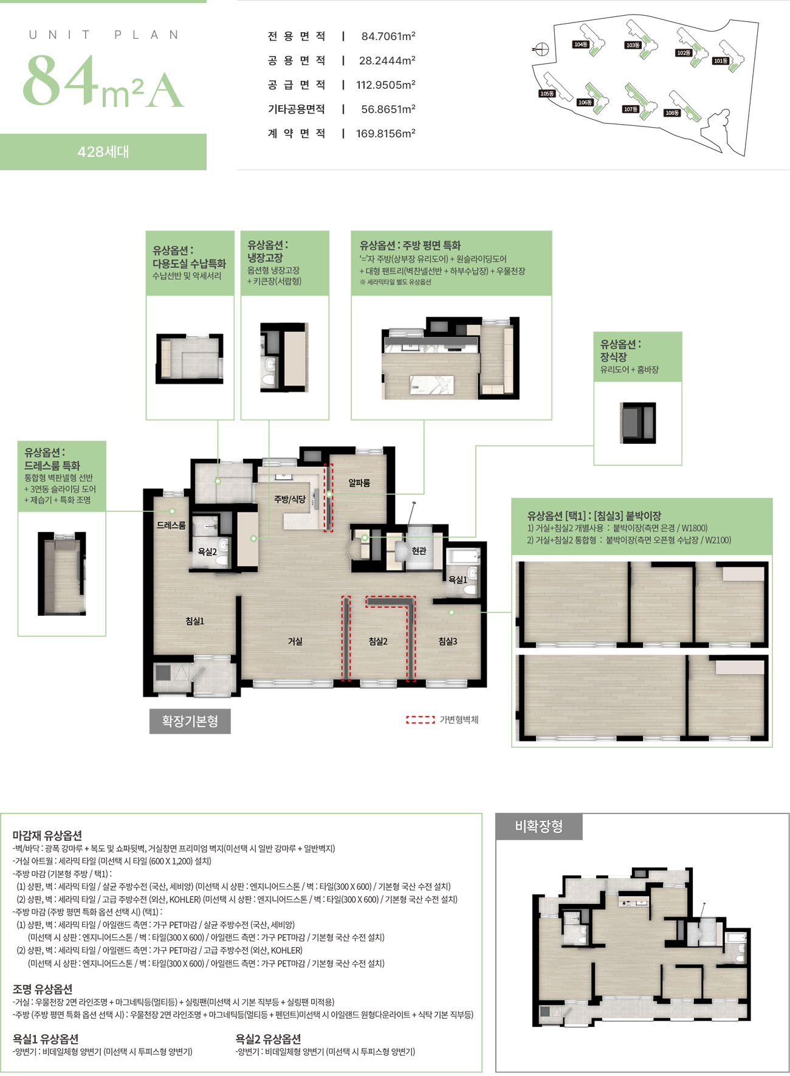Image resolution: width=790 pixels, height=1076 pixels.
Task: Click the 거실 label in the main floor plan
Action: click(295, 641)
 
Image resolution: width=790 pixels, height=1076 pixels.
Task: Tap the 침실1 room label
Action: click(195, 621)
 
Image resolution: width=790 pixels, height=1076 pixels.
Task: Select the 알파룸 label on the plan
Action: click(359, 483)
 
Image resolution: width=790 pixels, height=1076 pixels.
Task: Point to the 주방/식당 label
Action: click(289, 499)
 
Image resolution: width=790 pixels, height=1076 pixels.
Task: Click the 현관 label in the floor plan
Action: click(419, 551)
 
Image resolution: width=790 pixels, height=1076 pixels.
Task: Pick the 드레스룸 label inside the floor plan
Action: click(171, 525)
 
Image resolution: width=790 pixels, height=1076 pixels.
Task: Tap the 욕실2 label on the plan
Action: click(207, 551)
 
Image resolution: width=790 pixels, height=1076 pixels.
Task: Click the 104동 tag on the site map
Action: click(581, 44)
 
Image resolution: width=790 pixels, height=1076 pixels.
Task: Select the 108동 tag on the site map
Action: click(672, 112)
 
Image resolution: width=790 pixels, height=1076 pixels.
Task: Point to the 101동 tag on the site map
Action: click(721, 61)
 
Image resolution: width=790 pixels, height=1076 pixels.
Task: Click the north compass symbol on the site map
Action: click(542, 49)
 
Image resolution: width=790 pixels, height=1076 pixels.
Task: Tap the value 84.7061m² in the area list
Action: click(388, 36)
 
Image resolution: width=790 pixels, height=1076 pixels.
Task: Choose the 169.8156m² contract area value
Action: click(385, 134)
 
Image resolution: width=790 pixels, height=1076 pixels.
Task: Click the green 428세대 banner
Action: click(103, 152)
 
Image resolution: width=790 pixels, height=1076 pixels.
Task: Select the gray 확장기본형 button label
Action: click(190, 722)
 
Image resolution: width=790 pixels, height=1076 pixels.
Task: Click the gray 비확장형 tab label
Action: click(538, 826)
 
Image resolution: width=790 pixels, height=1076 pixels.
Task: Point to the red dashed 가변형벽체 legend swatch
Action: click(421, 720)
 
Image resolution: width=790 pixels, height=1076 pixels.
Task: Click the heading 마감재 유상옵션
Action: click(47, 835)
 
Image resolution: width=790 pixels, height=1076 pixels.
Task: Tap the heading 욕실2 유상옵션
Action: click(268, 1039)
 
